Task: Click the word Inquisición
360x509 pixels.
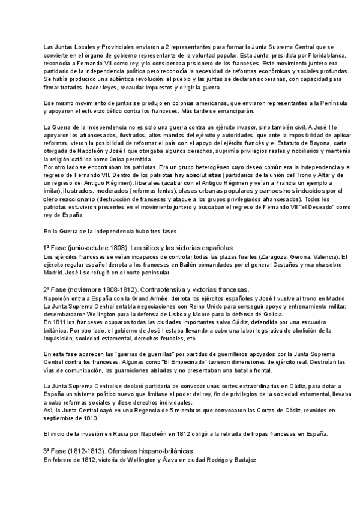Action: [60, 338]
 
